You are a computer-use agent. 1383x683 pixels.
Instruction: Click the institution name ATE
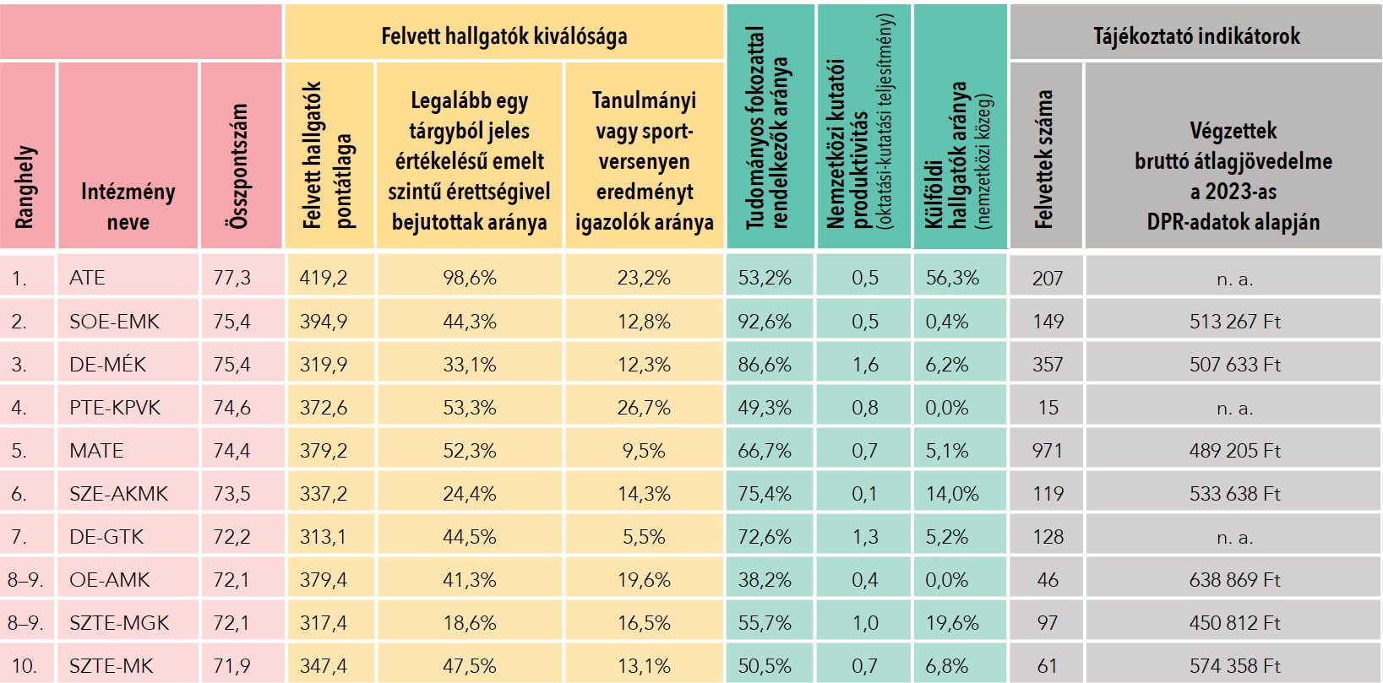(x=87, y=278)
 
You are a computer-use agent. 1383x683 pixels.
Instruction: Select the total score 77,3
(x=231, y=278)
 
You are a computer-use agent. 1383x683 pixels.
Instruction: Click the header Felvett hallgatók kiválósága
(x=504, y=36)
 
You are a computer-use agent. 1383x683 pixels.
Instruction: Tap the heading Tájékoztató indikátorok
(x=1196, y=36)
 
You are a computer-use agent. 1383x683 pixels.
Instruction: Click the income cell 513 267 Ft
(x=1234, y=322)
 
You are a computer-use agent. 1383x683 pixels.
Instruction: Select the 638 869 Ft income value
(x=1234, y=580)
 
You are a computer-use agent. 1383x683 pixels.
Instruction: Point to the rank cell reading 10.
(x=24, y=666)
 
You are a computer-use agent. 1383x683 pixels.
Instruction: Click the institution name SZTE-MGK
(x=119, y=623)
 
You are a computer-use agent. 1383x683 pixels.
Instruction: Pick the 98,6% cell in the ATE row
(x=470, y=278)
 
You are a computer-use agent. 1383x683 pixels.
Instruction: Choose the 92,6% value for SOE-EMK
(x=765, y=322)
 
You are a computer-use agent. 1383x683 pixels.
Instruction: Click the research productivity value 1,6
(x=865, y=365)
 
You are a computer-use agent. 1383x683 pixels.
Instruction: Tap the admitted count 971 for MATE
(x=1047, y=451)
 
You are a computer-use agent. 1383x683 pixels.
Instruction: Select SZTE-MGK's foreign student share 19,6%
(x=952, y=623)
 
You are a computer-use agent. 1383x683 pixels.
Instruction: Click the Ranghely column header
(x=26, y=186)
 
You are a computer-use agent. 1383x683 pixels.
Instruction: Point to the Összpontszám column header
(x=240, y=165)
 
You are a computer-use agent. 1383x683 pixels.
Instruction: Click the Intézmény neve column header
(x=128, y=207)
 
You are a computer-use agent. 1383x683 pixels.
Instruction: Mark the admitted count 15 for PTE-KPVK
(x=1048, y=408)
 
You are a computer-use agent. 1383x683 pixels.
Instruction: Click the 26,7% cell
(x=644, y=408)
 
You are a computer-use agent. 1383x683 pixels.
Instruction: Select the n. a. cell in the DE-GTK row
(x=1234, y=537)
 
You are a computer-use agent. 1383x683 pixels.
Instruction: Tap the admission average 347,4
(x=324, y=666)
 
